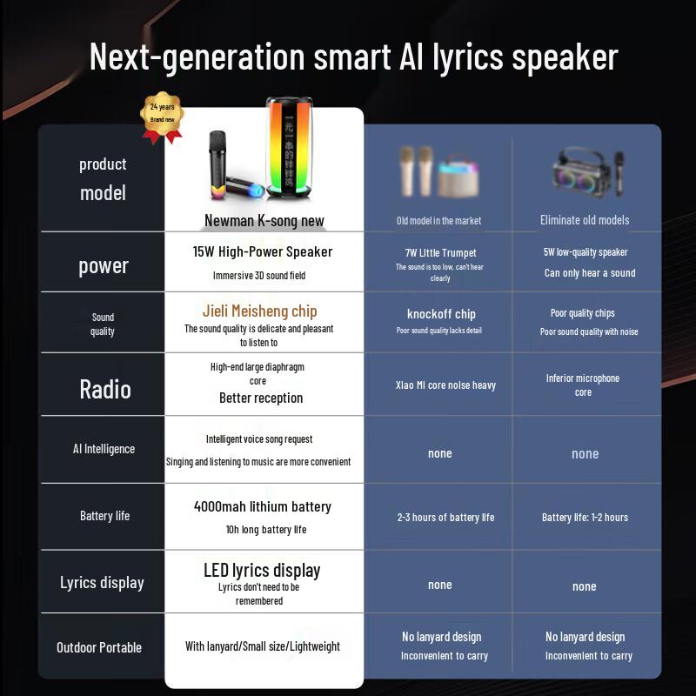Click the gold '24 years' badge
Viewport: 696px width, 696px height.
click(162, 115)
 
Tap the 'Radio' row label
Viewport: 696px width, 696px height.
click(104, 389)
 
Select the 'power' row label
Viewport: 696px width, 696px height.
click(104, 265)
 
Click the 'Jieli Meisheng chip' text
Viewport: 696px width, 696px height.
click(259, 311)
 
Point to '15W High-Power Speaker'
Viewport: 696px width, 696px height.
click(263, 251)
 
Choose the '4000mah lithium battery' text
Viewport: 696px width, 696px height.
click(263, 506)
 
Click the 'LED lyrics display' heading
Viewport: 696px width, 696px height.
click(262, 570)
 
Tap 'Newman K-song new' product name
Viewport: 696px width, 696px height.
click(264, 220)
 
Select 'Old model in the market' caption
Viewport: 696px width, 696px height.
click(438, 220)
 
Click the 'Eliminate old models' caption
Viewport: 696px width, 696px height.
click(585, 220)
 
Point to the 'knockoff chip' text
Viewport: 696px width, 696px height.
click(441, 314)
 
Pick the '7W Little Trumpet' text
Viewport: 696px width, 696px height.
click(441, 253)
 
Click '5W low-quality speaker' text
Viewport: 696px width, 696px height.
click(586, 252)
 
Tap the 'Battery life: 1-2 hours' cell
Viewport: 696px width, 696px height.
click(585, 517)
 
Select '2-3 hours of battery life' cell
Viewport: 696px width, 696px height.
click(445, 517)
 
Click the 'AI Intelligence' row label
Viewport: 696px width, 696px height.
click(104, 449)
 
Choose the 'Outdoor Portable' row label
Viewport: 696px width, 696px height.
click(99, 647)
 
